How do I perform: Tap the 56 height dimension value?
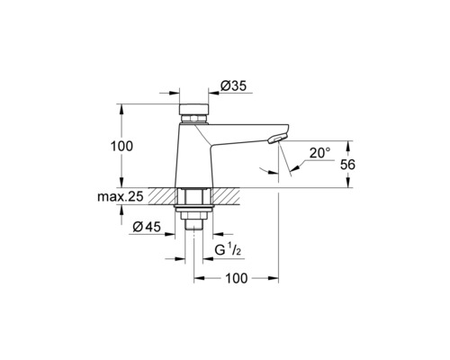click(357, 164)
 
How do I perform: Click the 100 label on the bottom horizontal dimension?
click(236, 280)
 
